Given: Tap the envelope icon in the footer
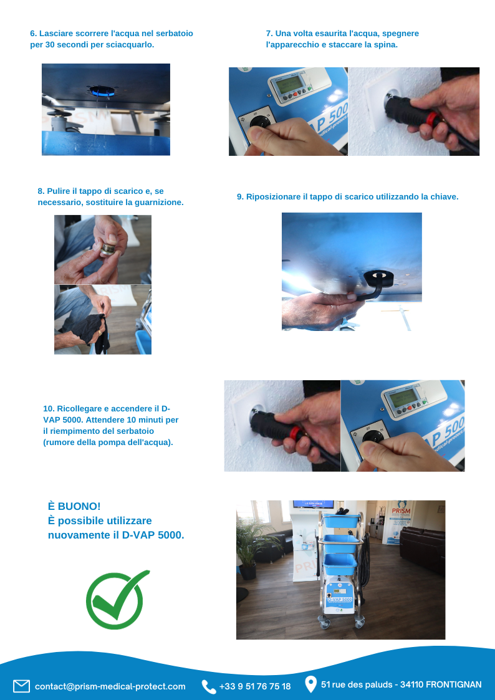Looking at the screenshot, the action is [x=21, y=686].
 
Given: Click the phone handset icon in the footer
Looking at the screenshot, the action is [x=208, y=687].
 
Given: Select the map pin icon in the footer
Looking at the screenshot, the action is [x=310, y=684].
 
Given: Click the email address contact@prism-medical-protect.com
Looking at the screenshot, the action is [x=110, y=686].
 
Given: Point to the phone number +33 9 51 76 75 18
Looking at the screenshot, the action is [x=255, y=686].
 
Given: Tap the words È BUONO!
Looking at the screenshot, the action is [x=74, y=506].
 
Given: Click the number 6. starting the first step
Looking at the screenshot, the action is [x=34, y=34].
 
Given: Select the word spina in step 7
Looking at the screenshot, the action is [x=386, y=45].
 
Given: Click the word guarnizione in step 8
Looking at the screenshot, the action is [x=162, y=202].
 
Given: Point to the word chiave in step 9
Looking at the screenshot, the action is [x=445, y=196].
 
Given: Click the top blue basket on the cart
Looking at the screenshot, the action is [x=341, y=521].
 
